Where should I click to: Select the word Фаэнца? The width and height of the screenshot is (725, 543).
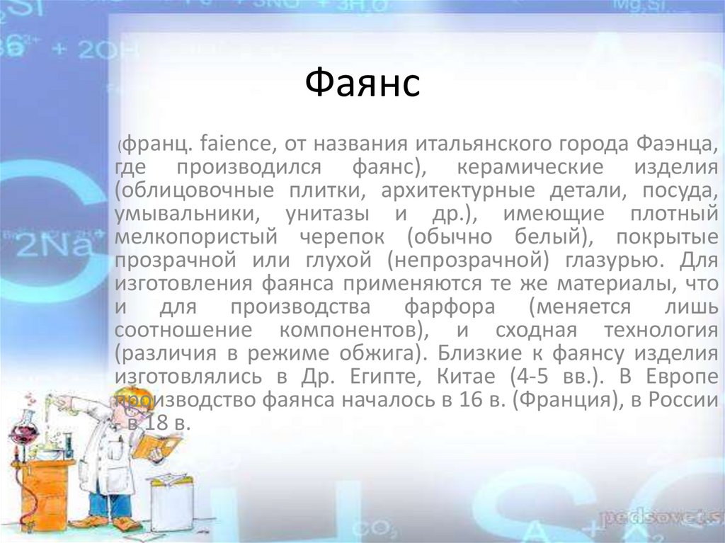(x=677, y=144)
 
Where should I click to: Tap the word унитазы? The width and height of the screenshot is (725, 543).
(x=327, y=214)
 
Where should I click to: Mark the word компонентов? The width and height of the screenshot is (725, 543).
(x=354, y=330)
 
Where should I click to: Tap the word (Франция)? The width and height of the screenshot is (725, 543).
(x=569, y=399)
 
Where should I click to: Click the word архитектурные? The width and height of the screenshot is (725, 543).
(x=458, y=191)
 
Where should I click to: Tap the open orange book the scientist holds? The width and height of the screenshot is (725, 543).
(x=156, y=445)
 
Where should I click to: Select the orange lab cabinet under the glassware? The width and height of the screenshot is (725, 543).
(x=44, y=491)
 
